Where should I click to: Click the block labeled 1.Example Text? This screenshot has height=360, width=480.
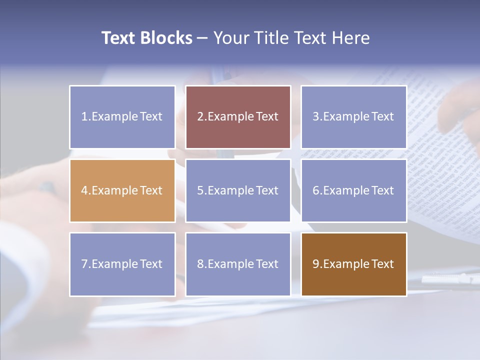[x=122, y=117]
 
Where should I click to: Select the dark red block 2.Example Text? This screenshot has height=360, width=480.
[x=238, y=117]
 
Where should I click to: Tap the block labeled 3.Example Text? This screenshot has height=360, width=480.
[x=354, y=117]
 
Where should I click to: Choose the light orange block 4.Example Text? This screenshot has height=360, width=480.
[x=122, y=190]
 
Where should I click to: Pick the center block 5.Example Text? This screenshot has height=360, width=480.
[x=238, y=190]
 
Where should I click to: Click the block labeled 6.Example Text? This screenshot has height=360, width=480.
[x=354, y=190]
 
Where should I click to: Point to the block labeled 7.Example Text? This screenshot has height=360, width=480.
[x=122, y=264]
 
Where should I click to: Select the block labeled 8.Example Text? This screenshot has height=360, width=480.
[x=238, y=264]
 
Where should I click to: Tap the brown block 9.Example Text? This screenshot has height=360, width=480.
[x=354, y=264]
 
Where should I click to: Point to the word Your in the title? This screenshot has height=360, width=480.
[x=229, y=38]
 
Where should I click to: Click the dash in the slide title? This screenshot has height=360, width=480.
[x=202, y=38]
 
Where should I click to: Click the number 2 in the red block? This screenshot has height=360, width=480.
[x=200, y=116]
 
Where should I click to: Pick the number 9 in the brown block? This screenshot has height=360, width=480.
[x=316, y=264]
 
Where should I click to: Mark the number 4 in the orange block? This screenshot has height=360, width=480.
[x=84, y=190]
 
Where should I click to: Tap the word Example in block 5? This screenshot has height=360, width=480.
[x=230, y=190]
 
